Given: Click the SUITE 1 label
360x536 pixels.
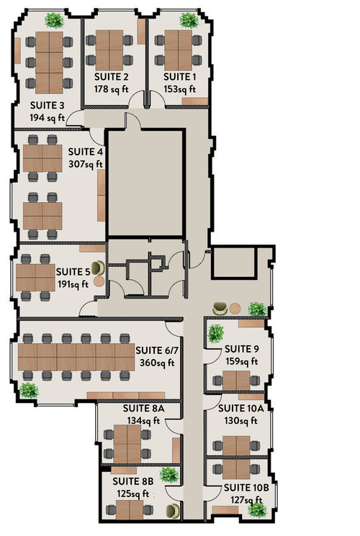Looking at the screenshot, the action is [180, 76].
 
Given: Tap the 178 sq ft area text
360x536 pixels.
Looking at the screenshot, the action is [111, 89].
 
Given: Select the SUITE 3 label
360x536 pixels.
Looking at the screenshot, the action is [48, 105].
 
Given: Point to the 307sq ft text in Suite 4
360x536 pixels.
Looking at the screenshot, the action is [86, 164].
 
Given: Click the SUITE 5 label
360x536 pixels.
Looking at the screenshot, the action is [73, 272].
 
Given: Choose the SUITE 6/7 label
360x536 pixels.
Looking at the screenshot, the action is [157, 350].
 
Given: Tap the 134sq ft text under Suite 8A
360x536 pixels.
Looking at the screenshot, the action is [144, 421].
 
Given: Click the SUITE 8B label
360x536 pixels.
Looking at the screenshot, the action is [133, 481].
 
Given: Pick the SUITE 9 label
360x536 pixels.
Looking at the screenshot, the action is [242, 349].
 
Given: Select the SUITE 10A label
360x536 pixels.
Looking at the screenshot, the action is [241, 409].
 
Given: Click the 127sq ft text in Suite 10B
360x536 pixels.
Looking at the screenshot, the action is [246, 500].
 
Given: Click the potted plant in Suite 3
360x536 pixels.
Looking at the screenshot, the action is [54, 21].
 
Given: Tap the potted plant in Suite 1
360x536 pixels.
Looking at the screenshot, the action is [189, 21].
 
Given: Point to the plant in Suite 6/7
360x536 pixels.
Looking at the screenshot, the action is [29, 391].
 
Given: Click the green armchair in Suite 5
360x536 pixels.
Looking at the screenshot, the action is [98, 268].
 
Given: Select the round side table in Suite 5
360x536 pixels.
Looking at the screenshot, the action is [99, 282].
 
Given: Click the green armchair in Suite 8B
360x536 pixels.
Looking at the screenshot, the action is [173, 512].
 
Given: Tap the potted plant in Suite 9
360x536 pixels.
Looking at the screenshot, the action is [216, 334].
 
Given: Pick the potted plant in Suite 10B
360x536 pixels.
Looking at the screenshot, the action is [257, 510].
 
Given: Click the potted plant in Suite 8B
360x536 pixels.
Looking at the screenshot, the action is [169, 475].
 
